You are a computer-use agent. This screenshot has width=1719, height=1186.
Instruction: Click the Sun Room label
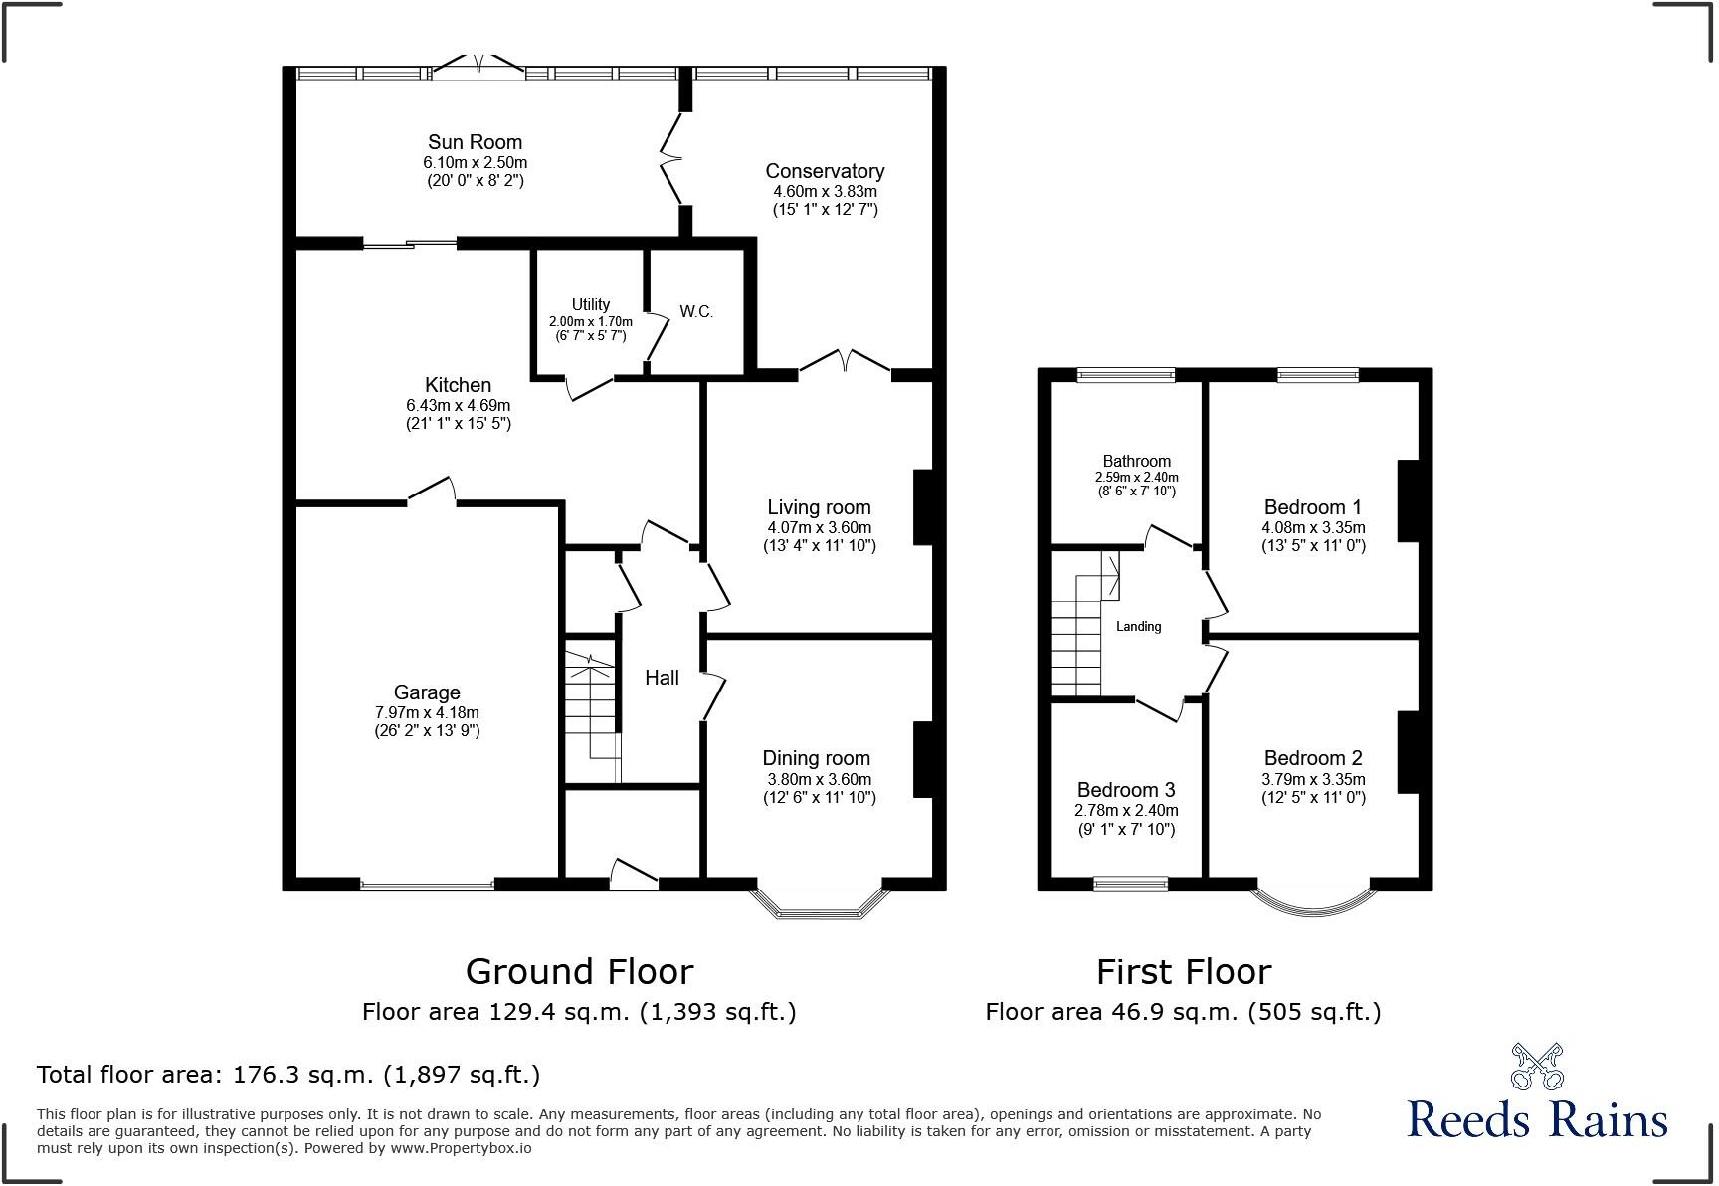[x=475, y=142]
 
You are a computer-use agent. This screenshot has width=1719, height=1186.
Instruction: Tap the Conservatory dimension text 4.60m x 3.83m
[x=825, y=191]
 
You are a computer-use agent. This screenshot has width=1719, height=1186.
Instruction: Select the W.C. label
[x=696, y=312]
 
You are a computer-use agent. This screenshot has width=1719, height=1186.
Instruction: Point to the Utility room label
[x=590, y=304]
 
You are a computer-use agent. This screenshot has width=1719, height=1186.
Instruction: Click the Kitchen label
[x=458, y=385]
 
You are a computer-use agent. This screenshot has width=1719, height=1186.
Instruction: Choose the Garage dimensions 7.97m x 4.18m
[x=427, y=712]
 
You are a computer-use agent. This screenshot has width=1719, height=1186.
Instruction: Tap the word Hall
[x=662, y=678]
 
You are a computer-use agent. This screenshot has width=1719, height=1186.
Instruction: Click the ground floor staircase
[x=591, y=711]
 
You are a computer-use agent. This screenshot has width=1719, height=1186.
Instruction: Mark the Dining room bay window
[x=818, y=901]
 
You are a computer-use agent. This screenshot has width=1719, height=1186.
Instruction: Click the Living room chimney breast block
[x=922, y=506]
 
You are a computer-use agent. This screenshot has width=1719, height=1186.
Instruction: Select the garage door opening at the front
[x=427, y=885]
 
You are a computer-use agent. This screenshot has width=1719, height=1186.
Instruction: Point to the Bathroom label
[x=1136, y=461]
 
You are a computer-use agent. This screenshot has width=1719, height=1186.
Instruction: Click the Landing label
[x=1138, y=627]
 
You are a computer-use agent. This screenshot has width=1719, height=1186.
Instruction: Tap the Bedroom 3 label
[x=1126, y=790]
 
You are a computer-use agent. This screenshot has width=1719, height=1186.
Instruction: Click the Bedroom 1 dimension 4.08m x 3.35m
[x=1313, y=527]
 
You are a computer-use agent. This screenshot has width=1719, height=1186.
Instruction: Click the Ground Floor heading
[x=579, y=971]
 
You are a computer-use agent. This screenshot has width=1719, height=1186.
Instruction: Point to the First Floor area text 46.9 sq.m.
[x=1183, y=1012]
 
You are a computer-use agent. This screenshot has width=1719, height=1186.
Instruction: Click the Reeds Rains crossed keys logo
[x=1537, y=1067]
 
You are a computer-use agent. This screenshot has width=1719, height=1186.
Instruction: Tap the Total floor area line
[x=288, y=1075]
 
